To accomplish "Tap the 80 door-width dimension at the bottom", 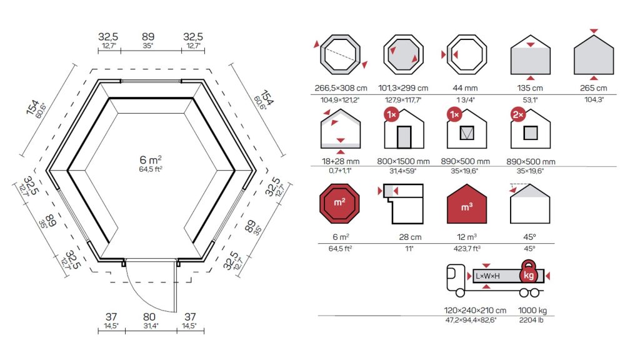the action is point(149,317).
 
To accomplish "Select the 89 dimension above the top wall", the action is point(148,37).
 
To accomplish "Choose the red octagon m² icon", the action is point(339,203).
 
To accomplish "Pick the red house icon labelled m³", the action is point(467,204).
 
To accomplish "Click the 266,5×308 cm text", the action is point(341,87).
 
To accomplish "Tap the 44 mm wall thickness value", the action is point(465,87).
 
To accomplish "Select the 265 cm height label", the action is point(594,87).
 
